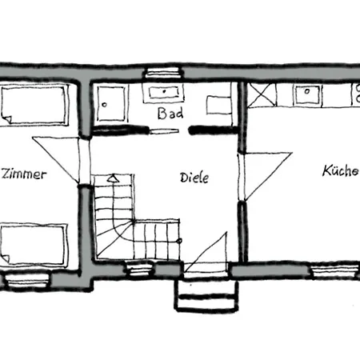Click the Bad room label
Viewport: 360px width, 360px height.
pos(170,114)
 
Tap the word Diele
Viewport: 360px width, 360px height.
pos(194,178)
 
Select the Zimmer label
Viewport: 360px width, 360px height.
pos(23,174)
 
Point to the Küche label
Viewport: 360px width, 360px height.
pos(341,170)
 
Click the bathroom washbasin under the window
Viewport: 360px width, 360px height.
pos(163,93)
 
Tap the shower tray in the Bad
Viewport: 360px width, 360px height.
pos(111,103)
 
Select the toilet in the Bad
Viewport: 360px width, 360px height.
pos(219,105)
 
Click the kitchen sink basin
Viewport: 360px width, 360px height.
pos(307,94)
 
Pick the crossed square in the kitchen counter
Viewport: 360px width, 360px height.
pos(262,94)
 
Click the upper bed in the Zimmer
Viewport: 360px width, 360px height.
pos(34,105)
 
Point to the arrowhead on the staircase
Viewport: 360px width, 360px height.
pos(114,178)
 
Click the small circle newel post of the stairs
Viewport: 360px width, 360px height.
pos(179,241)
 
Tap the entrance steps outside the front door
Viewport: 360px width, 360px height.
pos(206,296)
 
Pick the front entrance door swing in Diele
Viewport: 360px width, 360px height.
pos(206,253)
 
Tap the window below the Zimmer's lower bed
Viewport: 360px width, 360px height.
pos(27,279)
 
